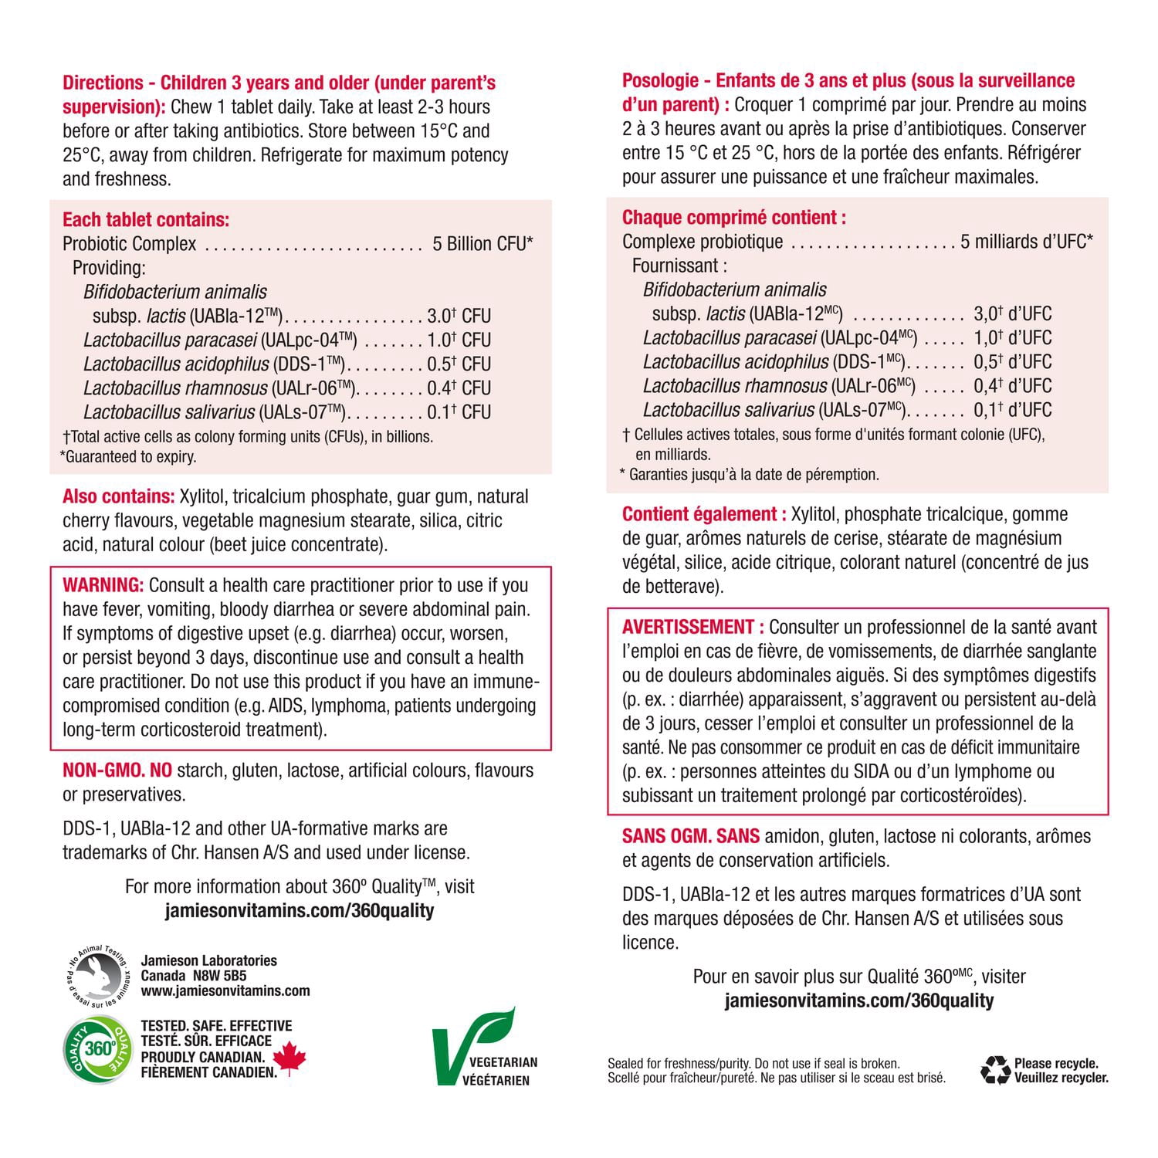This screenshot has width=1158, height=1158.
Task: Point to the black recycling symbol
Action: pos(995,1070)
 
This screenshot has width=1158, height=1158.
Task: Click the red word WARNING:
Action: pos(103,585)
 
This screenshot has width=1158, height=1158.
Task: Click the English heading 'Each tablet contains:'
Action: pos(146,220)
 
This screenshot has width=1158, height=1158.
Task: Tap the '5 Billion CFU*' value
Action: pos(482,244)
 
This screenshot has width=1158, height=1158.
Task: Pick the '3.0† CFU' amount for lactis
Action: pos(459,316)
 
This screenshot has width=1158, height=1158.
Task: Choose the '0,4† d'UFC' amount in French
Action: pos(1012,386)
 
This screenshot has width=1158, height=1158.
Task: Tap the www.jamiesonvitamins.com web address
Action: pos(225,991)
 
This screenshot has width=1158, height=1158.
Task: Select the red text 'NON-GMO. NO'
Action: pos(117,770)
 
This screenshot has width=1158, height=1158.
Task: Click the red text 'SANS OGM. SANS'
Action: pos(691,836)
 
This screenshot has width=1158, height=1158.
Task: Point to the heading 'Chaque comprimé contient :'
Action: pos(733,218)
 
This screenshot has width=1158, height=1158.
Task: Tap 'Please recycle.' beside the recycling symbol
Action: pos(1056,1064)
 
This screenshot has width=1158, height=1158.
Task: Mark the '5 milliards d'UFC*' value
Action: pos(1027,242)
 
